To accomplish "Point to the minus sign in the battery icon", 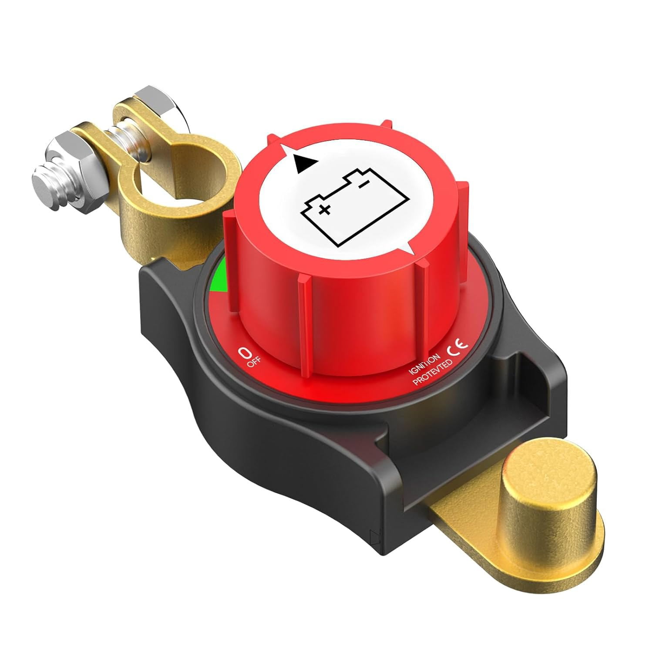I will pos(361,185).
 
